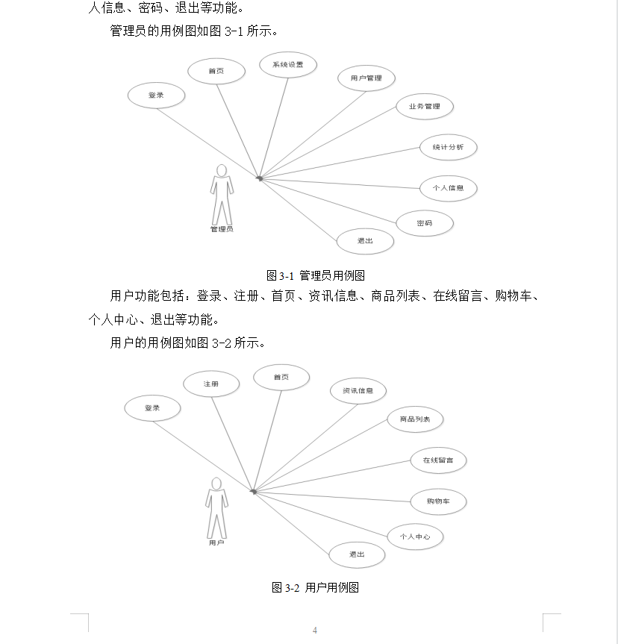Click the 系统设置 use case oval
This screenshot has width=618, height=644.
click(x=287, y=65)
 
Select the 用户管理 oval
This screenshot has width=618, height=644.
click(x=366, y=78)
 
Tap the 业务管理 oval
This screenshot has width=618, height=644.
click(x=424, y=107)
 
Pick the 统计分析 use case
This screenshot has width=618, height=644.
click(x=448, y=147)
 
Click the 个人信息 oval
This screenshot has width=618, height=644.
click(x=448, y=188)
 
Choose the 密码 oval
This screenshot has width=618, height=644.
click(x=424, y=223)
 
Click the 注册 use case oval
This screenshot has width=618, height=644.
click(x=211, y=384)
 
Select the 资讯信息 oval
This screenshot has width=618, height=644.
click(x=358, y=391)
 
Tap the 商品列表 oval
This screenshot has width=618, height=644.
click(x=415, y=419)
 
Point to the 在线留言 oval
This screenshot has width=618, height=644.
click(x=438, y=460)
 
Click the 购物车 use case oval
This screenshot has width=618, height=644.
click(x=438, y=501)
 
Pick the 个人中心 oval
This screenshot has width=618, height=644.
click(x=415, y=537)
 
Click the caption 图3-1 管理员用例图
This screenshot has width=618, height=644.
click(x=316, y=275)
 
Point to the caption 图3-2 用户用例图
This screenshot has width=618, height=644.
click(x=316, y=588)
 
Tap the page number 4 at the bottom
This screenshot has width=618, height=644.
click(x=315, y=631)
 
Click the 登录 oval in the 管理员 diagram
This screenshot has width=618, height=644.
click(x=155, y=96)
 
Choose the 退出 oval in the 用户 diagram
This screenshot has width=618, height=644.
click(x=357, y=555)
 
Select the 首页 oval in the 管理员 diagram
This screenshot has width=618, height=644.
click(x=216, y=72)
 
